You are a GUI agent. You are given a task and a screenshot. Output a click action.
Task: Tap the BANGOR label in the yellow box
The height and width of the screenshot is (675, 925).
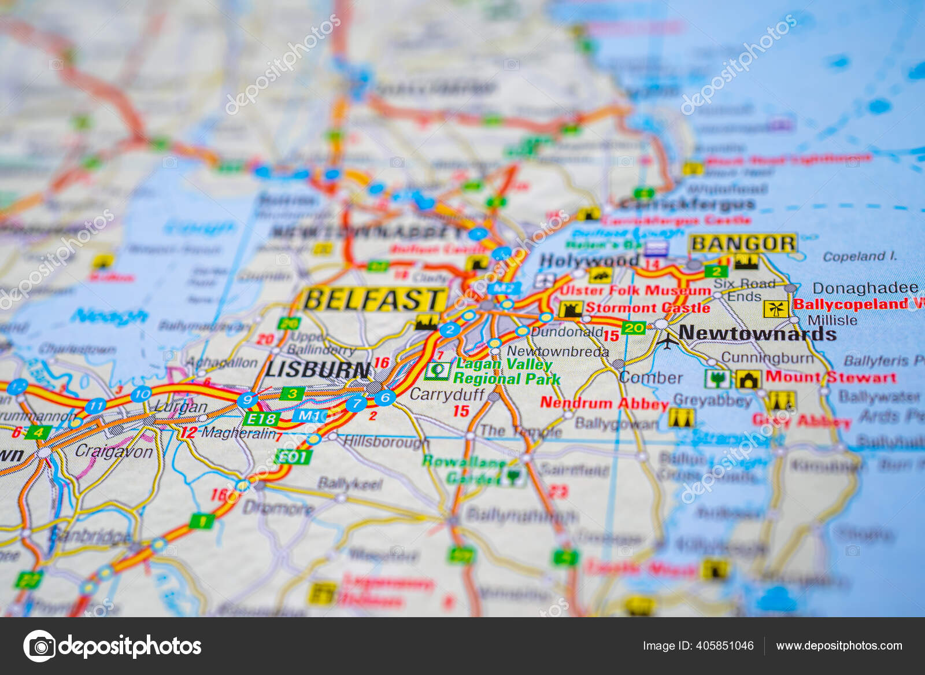tap(743, 244)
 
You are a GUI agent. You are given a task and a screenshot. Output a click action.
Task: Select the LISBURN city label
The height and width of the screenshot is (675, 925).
tap(318, 369)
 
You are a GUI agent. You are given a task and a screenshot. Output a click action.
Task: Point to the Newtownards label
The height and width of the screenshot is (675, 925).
tap(757, 333)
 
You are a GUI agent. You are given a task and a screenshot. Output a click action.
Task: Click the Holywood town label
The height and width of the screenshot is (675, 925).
tap(589, 261)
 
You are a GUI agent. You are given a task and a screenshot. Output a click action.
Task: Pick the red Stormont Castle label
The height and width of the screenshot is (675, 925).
tap(647, 308)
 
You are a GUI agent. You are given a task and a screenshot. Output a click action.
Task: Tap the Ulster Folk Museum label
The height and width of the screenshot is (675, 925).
tap(635, 290)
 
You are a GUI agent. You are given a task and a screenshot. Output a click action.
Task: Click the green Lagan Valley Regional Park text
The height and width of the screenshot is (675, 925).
tap(506, 371)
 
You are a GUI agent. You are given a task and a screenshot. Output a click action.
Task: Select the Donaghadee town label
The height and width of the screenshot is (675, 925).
tap(865, 288)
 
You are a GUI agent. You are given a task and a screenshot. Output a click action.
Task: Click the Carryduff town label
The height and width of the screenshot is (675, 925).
tap(447, 394)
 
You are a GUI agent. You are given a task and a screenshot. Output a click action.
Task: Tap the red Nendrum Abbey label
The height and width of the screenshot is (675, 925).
tap(604, 403)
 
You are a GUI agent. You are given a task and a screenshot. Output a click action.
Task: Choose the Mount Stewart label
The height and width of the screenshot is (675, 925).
tap(831, 377)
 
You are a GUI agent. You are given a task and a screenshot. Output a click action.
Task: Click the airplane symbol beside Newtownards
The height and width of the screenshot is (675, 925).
tap(668, 341)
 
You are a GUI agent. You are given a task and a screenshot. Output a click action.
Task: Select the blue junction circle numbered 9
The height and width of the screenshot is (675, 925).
tap(247, 399)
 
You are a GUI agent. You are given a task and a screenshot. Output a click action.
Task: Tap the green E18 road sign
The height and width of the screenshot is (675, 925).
tap(261, 418)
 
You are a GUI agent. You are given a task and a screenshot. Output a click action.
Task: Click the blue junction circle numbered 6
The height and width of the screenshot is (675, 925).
tap(384, 397)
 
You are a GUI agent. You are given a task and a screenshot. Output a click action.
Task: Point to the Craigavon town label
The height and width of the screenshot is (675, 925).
tap(114, 451)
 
